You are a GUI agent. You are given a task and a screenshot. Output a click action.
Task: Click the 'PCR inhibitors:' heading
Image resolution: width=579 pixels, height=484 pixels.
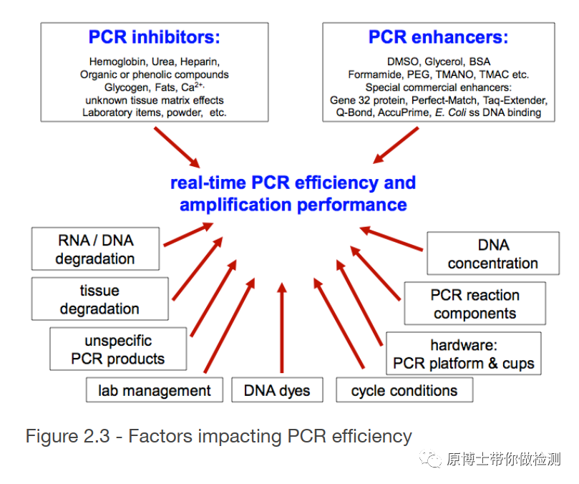pyautogui.click(x=154, y=37)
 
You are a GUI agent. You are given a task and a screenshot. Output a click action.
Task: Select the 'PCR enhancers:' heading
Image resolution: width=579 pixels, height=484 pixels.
pyautogui.click(x=438, y=37)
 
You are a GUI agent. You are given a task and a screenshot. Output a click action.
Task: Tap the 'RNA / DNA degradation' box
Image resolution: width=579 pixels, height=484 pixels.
pyautogui.click(x=94, y=248)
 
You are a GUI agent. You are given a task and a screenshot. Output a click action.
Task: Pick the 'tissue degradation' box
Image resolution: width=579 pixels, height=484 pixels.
pyautogui.click(x=99, y=299)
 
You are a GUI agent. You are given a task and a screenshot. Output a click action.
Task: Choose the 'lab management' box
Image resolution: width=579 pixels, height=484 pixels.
pyautogui.click(x=155, y=390)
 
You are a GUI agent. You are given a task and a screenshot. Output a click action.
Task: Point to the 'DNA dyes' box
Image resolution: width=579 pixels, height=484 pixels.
pyautogui.click(x=277, y=390)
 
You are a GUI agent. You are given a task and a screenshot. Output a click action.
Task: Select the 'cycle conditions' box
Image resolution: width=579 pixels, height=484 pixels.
pyautogui.click(x=404, y=390)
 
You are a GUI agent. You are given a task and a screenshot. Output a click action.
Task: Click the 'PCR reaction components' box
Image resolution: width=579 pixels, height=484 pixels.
pyautogui.click(x=475, y=304)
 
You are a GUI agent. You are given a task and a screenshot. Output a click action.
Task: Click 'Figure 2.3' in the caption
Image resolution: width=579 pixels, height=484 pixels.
pyautogui.click(x=67, y=435)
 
